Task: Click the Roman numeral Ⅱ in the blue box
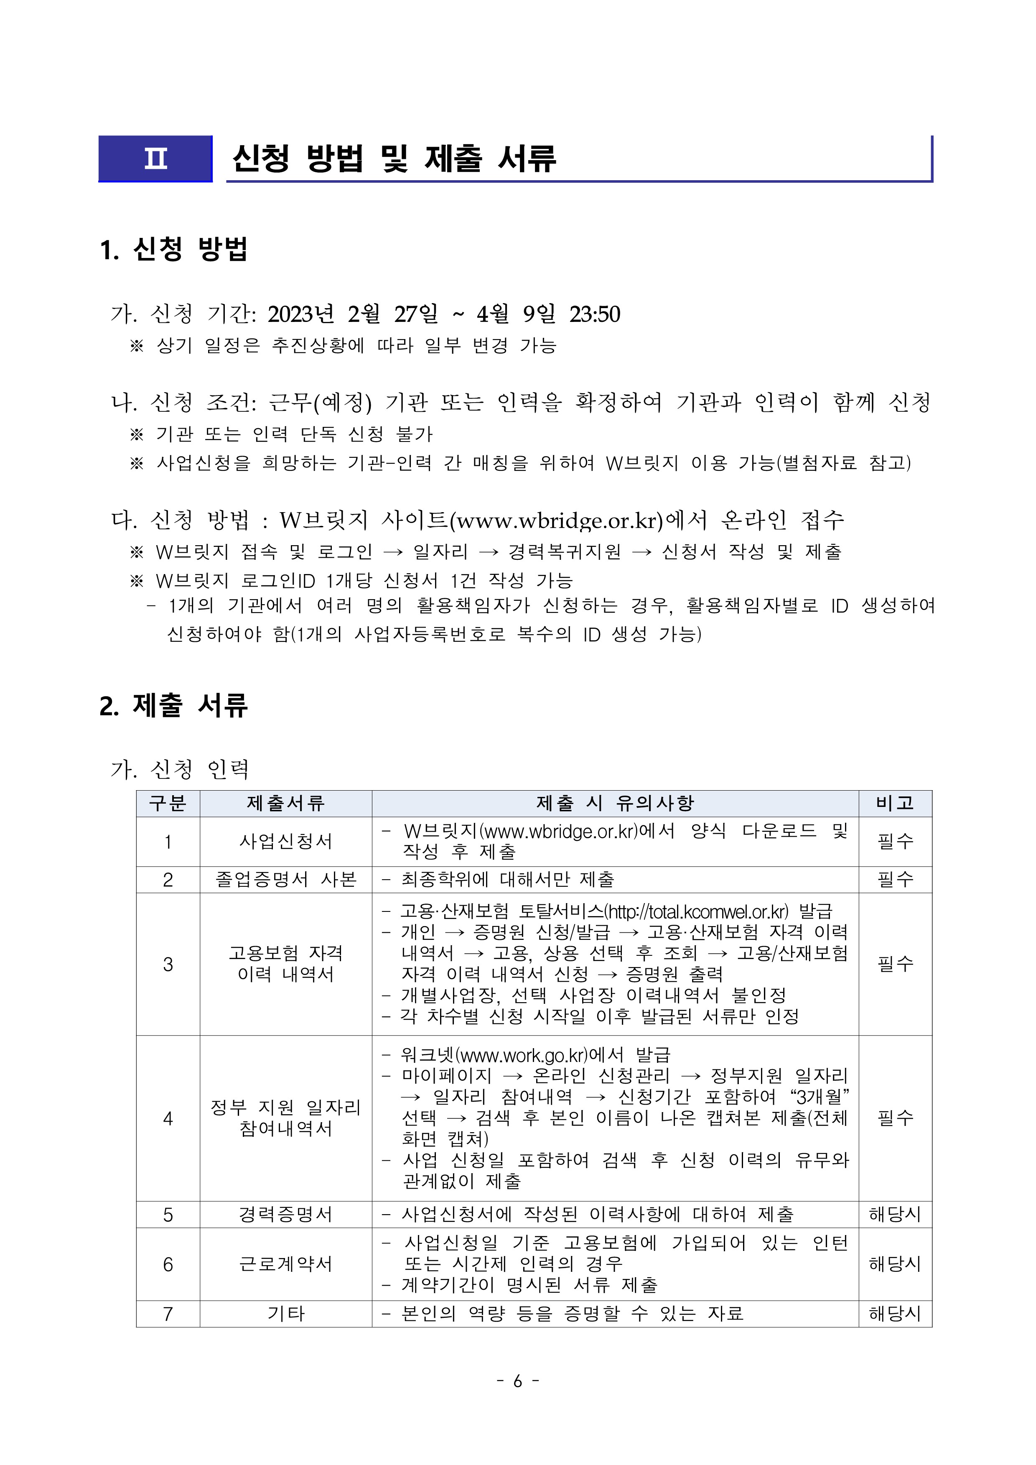point(155,158)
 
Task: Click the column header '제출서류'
point(286,803)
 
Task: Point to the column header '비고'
point(895,803)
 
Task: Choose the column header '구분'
point(168,803)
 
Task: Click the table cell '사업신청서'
point(286,842)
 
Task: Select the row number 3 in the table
point(168,964)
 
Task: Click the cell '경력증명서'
point(286,1214)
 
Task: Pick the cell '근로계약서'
point(286,1264)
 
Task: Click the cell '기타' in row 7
point(286,1314)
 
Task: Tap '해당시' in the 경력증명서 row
point(895,1214)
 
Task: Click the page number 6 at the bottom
point(517,1381)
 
